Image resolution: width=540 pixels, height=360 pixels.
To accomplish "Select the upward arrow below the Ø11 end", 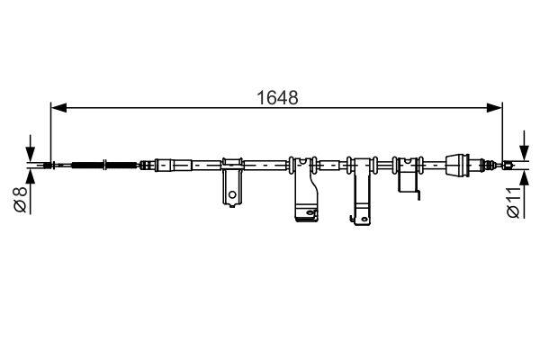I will (x=522, y=177).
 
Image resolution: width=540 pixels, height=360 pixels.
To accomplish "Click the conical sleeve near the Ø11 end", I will (x=460, y=165).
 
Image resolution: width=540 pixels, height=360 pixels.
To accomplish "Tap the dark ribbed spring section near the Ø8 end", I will (x=87, y=165).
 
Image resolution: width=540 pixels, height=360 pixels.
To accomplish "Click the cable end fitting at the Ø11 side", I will (x=510, y=165).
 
